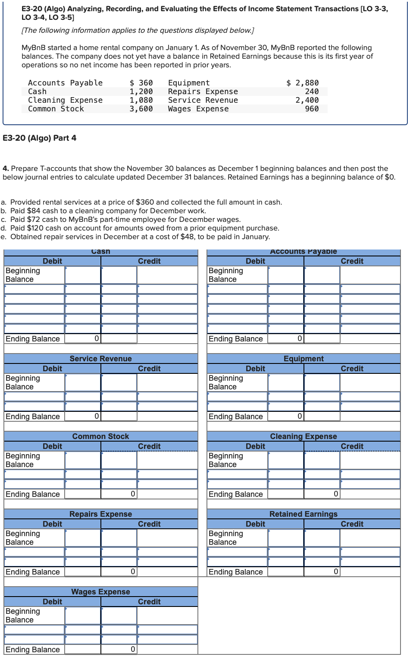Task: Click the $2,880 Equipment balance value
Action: [x=303, y=83]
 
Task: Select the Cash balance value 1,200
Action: [x=141, y=92]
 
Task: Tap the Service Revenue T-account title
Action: [x=100, y=359]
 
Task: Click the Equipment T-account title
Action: [x=303, y=359]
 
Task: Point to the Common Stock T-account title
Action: [x=100, y=436]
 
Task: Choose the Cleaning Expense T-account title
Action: [x=303, y=436]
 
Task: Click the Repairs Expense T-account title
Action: [x=100, y=514]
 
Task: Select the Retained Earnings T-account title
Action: [x=303, y=514]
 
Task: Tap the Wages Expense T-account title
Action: [x=100, y=592]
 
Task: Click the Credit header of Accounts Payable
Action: [x=352, y=261]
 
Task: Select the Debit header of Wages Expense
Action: [x=52, y=602]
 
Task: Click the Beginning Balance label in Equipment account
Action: [x=226, y=382]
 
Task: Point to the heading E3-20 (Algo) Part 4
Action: [x=40, y=138]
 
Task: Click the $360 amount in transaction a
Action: [x=144, y=202]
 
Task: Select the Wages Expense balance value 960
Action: [x=312, y=109]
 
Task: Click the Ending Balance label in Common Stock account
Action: [x=33, y=494]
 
